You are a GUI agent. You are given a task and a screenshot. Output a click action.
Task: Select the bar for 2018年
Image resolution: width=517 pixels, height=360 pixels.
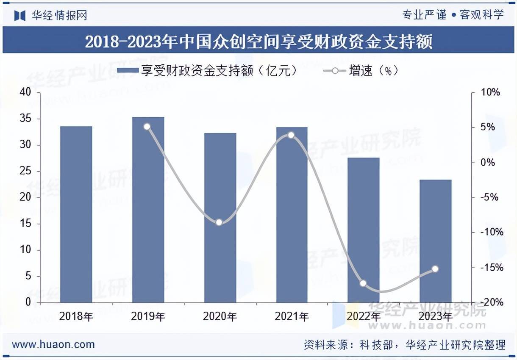tap(76, 214)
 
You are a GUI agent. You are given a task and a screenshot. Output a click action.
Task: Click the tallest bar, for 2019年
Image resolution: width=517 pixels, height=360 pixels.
tap(148, 210)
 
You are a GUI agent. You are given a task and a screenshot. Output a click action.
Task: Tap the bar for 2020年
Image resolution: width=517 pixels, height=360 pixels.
tap(220, 218)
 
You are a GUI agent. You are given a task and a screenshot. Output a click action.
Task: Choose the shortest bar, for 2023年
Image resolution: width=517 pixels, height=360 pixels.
tap(435, 241)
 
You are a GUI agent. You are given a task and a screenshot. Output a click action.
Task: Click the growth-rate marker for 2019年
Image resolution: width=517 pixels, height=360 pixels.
tap(147, 127)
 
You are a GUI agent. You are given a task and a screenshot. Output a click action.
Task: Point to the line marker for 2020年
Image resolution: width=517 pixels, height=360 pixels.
tap(219, 222)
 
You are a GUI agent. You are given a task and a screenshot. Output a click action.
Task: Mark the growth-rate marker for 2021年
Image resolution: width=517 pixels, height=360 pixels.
tap(291, 135)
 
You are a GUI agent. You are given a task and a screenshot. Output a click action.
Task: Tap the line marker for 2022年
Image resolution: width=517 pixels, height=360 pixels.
tap(363, 283)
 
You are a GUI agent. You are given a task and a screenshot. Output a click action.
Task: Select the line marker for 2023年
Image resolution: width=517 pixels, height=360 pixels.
tap(435, 269)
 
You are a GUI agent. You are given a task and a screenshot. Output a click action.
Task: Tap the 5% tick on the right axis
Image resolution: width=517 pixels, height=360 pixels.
tap(488, 127)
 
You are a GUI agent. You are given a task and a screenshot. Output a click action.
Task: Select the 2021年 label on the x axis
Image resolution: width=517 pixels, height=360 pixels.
tap(292, 316)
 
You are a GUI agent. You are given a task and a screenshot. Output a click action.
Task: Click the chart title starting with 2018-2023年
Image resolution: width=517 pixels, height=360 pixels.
tap(258, 42)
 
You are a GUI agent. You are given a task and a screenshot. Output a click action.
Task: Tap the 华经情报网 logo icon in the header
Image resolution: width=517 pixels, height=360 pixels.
tap(20, 15)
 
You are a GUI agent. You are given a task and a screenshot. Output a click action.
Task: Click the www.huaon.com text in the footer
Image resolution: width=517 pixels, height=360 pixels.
tap(53, 344)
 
